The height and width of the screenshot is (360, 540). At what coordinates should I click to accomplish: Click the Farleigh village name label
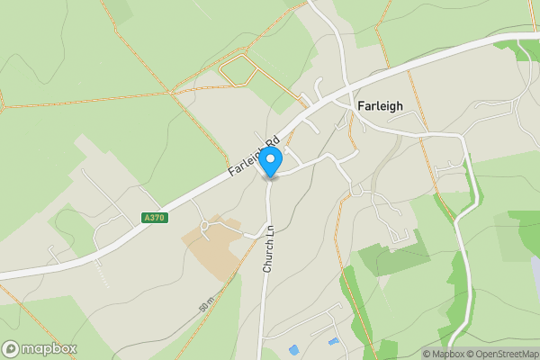click(380, 105)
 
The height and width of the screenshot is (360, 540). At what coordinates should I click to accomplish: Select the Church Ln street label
click(268, 249)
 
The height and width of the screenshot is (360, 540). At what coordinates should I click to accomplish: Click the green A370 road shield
click(154, 217)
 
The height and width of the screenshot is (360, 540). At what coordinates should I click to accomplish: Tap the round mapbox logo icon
click(12, 348)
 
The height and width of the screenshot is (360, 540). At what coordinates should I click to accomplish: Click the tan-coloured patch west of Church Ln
click(211, 237)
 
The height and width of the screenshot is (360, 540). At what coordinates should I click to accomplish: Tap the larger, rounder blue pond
click(294, 348)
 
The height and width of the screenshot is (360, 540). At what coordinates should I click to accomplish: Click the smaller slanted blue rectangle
click(335, 341)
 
